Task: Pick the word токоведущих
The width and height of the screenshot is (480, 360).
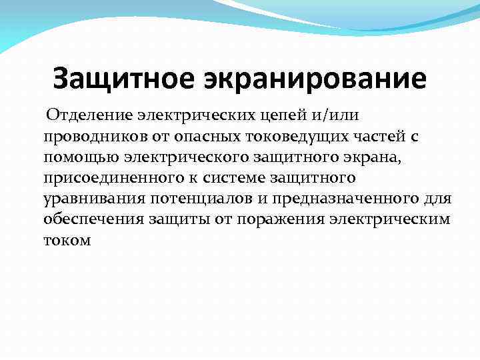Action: pos(274,138)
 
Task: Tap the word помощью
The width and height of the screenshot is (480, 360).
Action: pos(73,159)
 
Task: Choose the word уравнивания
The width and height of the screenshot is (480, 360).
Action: pos(86,200)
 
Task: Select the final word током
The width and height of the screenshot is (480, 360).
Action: pos(66,241)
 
